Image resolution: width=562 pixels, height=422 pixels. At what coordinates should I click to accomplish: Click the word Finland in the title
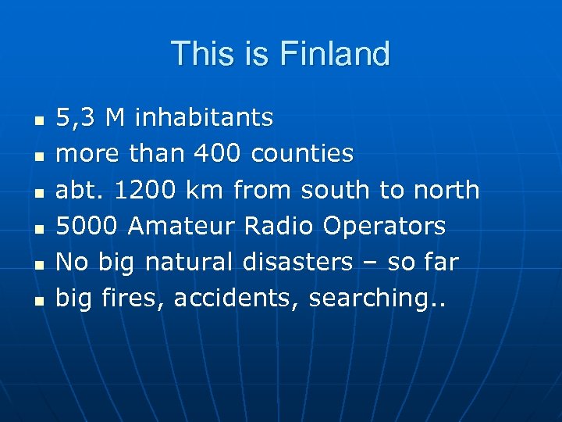[334, 54]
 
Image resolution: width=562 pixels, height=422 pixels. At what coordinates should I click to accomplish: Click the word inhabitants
[204, 118]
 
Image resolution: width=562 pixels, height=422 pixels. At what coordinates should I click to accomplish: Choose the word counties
[302, 154]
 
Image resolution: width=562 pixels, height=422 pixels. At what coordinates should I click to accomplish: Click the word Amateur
[182, 226]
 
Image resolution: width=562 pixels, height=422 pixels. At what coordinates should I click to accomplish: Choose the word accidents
[237, 298]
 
